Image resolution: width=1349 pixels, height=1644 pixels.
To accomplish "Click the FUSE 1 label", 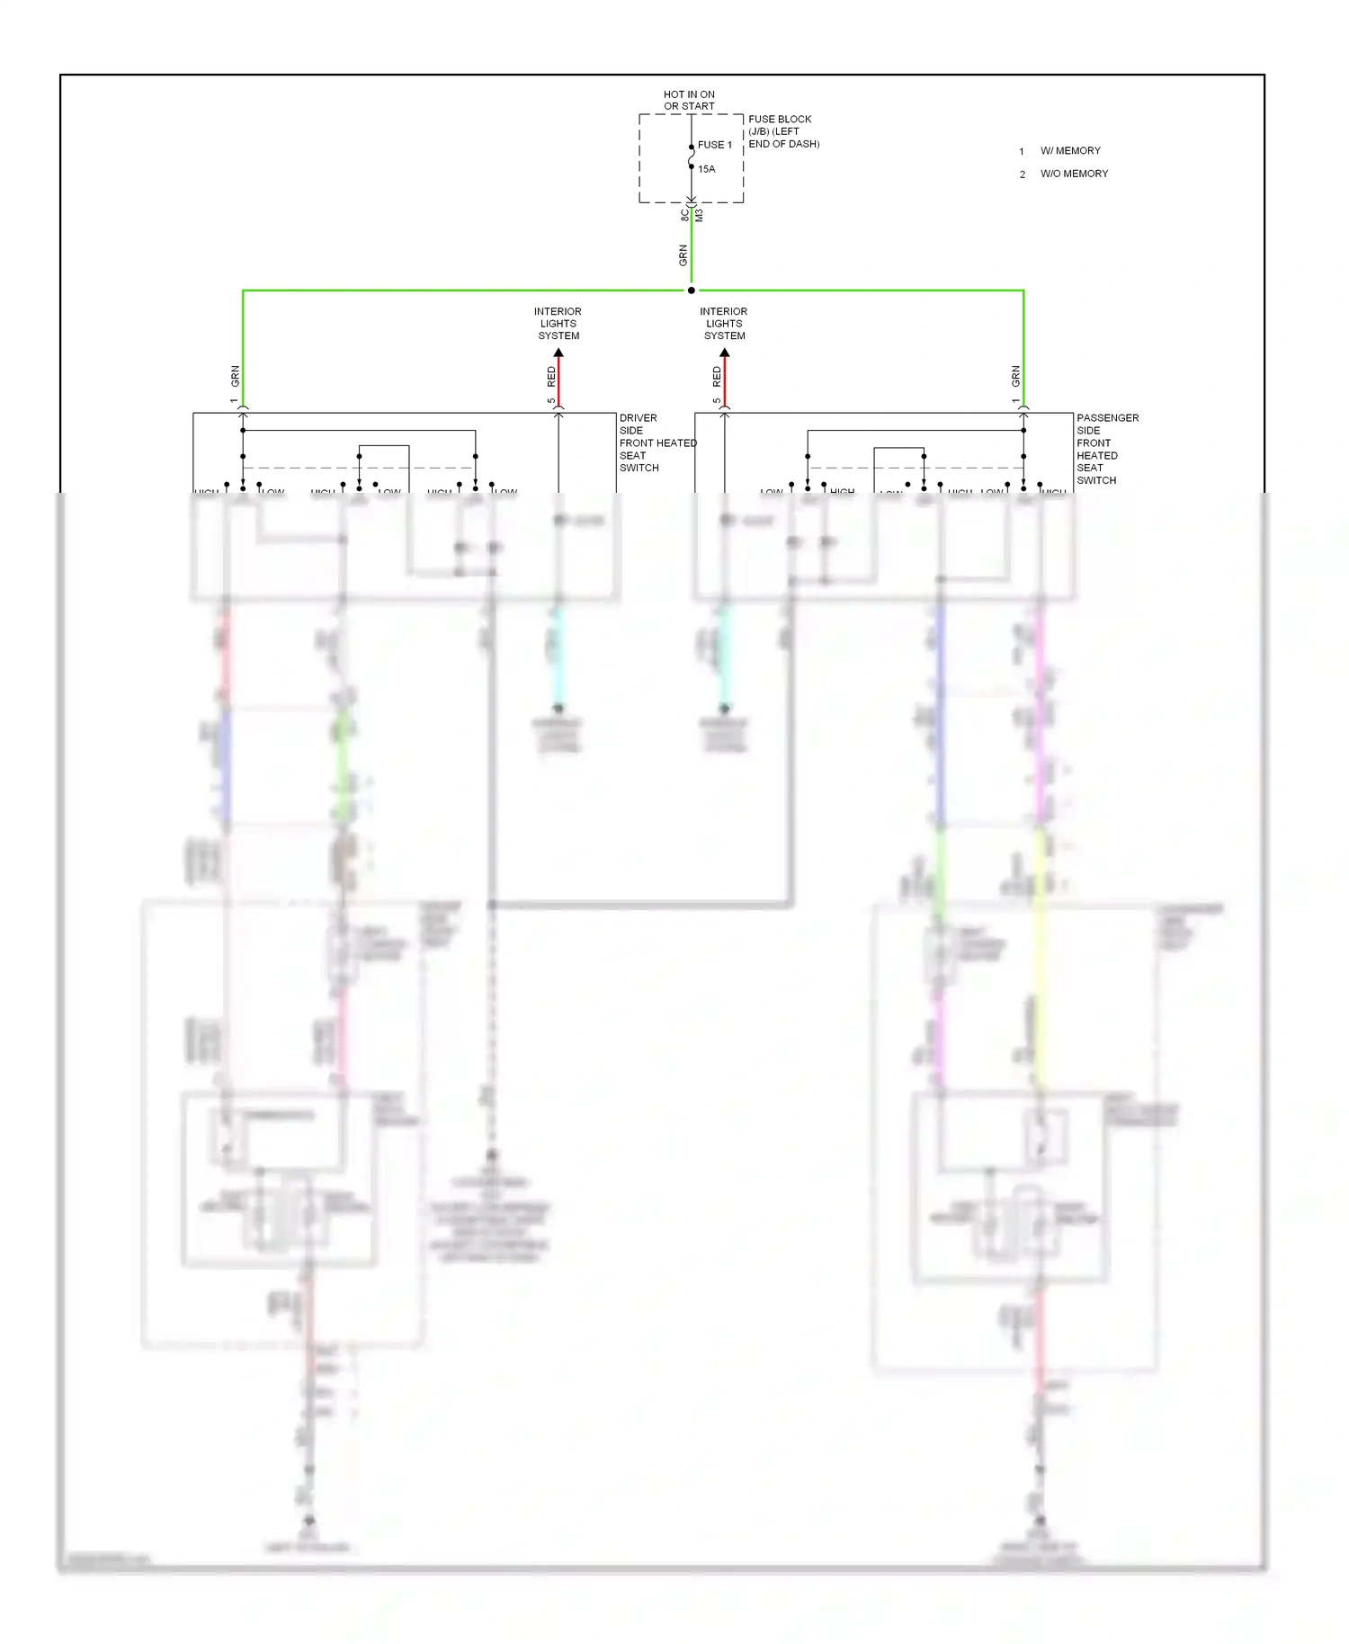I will tap(715, 145).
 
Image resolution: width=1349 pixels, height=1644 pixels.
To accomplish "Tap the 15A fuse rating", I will tap(707, 169).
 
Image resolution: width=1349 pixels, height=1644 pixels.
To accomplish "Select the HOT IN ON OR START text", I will tap(689, 100).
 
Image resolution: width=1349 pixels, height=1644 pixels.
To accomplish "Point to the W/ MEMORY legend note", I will tap(1070, 151).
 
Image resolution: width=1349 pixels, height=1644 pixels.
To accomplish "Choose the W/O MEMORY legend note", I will tap(1074, 174).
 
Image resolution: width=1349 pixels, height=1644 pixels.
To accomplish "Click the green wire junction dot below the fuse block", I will tap(691, 290).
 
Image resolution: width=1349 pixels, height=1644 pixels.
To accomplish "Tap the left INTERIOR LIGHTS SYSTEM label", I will tap(558, 324).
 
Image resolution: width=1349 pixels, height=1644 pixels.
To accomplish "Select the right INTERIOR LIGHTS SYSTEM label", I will tap(724, 324).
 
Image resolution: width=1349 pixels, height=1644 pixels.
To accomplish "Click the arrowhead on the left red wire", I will tap(558, 353).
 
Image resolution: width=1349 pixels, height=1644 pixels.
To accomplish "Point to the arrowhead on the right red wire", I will tap(725, 353).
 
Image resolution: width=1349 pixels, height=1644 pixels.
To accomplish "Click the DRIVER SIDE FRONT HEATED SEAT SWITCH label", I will tap(657, 442).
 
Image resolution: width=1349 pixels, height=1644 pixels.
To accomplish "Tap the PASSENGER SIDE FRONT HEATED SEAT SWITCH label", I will tap(1107, 449).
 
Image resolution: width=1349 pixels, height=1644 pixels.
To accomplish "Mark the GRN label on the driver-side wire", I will tap(235, 376).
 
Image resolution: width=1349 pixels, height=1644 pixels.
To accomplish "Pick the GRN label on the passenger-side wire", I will tap(1015, 376).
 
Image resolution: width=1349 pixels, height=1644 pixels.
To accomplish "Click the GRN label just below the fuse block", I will tap(683, 255).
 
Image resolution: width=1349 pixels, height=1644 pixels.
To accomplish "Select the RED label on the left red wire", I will tap(551, 377).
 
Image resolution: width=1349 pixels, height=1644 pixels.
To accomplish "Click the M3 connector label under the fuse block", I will tap(699, 216).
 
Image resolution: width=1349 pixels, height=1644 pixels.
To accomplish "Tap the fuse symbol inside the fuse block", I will tap(691, 156).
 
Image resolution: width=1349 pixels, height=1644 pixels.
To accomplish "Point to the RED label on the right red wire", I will tap(717, 377).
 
